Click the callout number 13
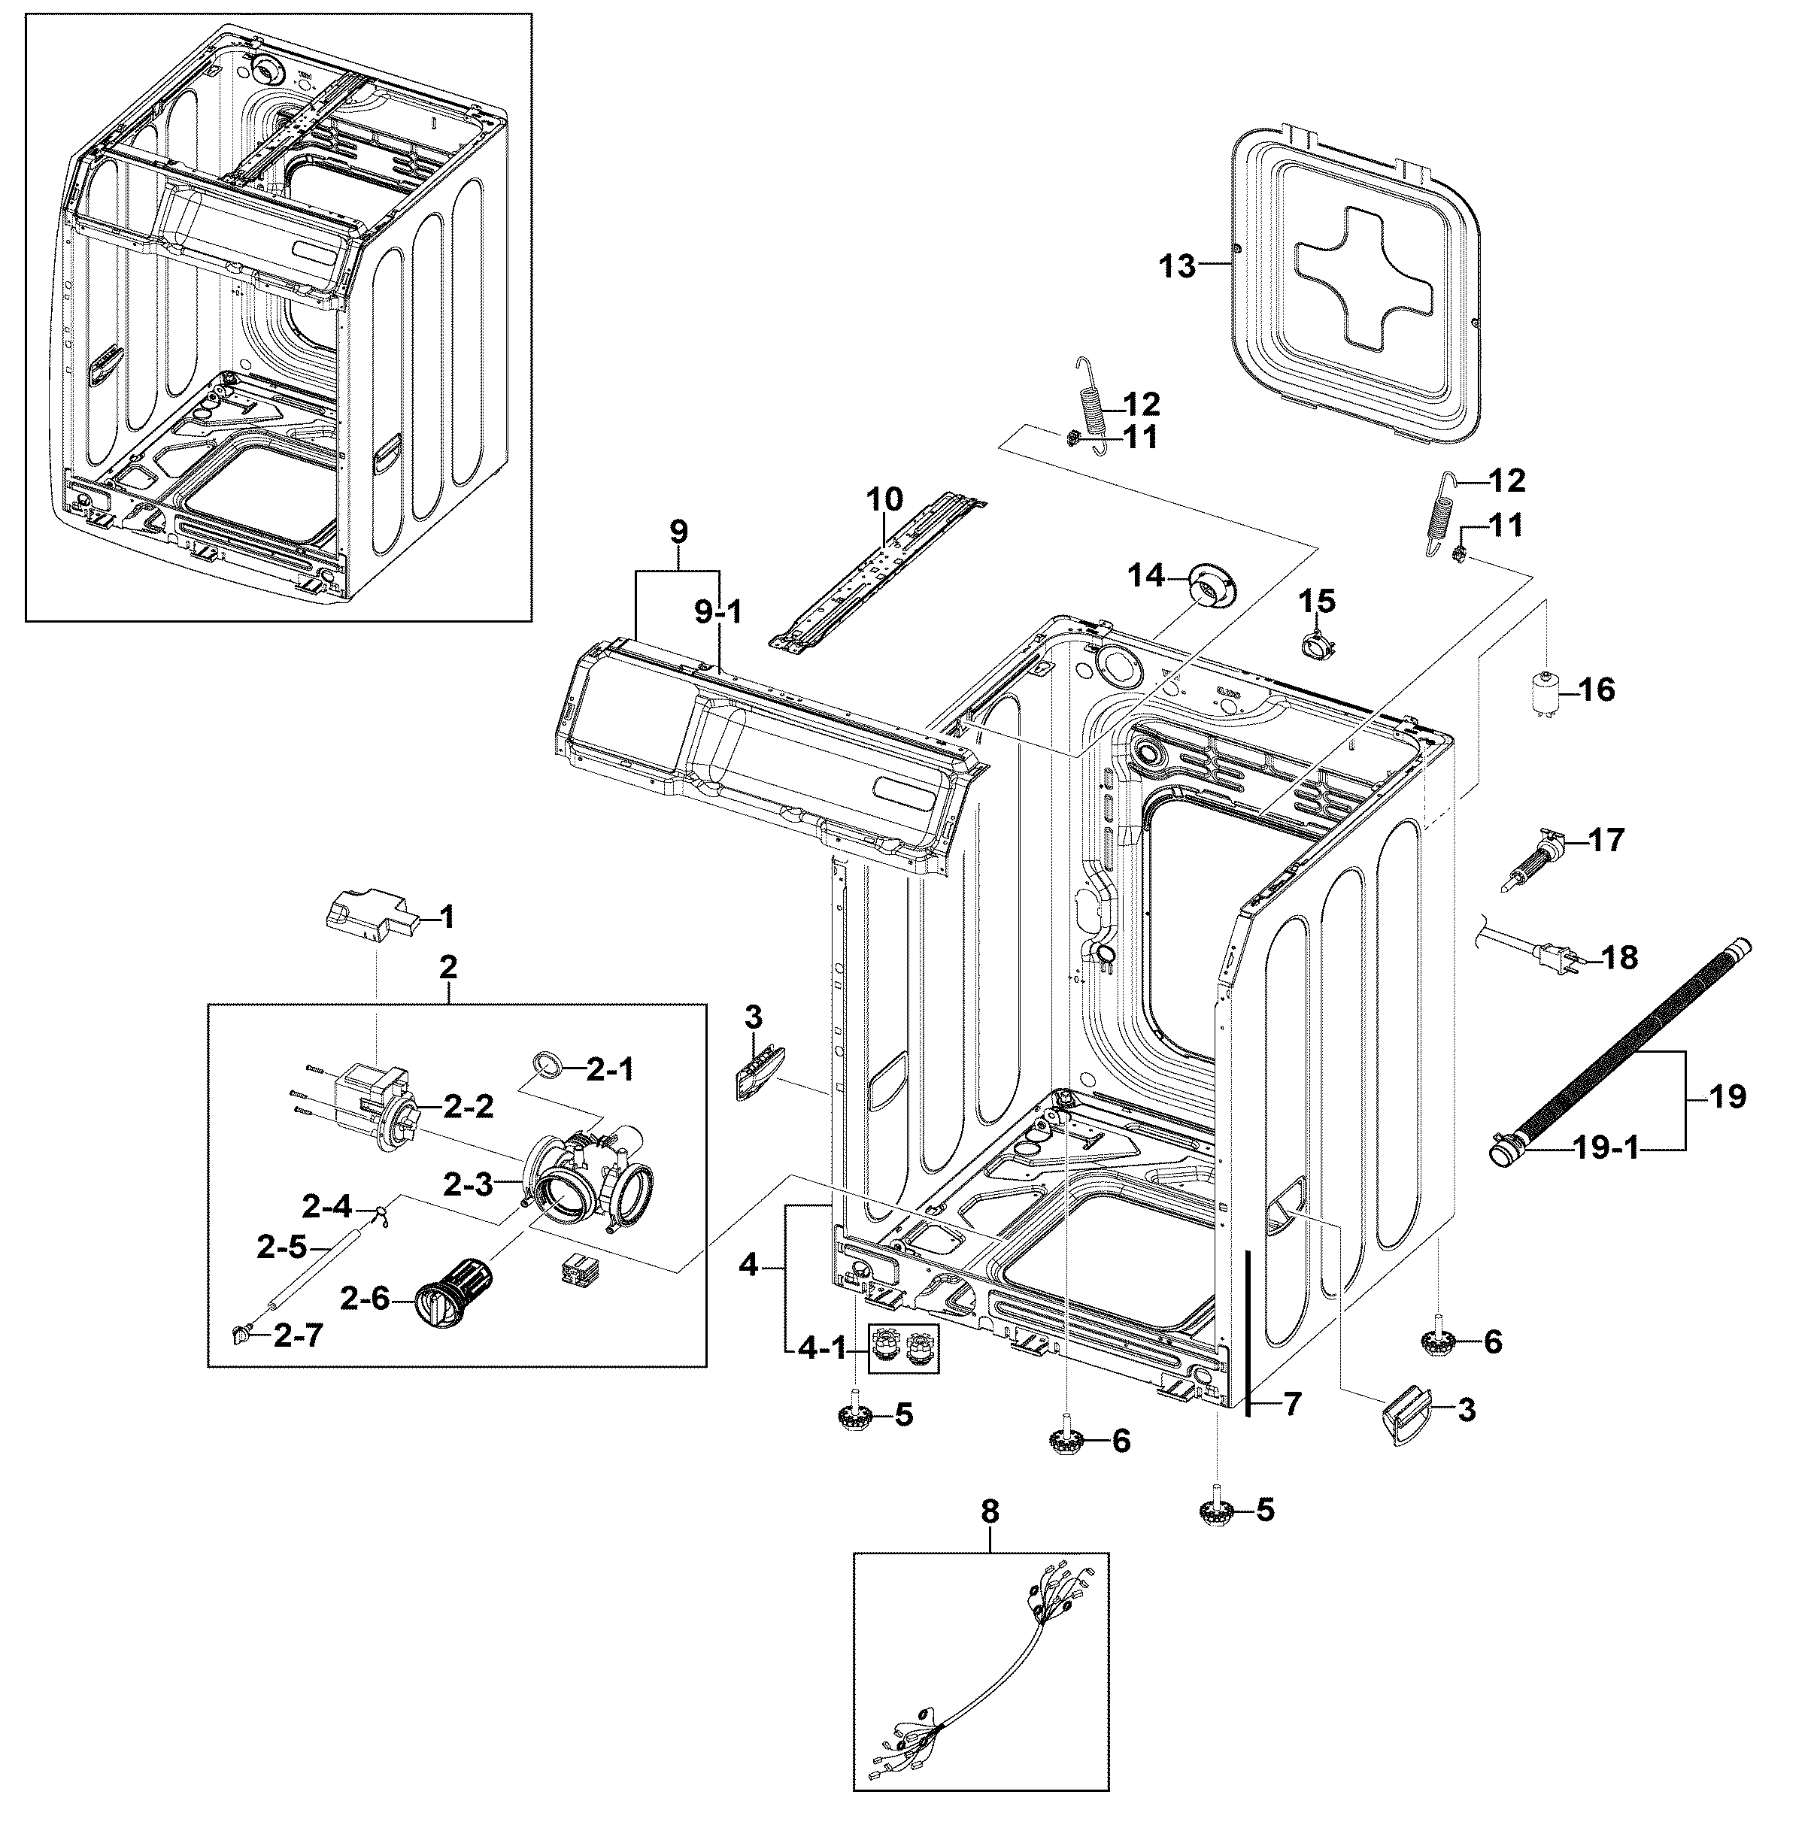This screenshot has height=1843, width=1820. [x=1176, y=266]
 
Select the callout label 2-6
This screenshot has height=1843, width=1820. [x=365, y=1297]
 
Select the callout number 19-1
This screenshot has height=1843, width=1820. [x=1606, y=1148]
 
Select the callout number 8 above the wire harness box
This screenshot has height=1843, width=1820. [x=990, y=1511]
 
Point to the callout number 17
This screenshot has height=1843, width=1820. [x=1606, y=841]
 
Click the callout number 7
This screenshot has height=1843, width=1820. [x=1291, y=1403]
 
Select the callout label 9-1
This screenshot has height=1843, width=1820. [x=717, y=612]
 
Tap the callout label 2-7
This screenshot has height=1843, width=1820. [x=298, y=1335]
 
